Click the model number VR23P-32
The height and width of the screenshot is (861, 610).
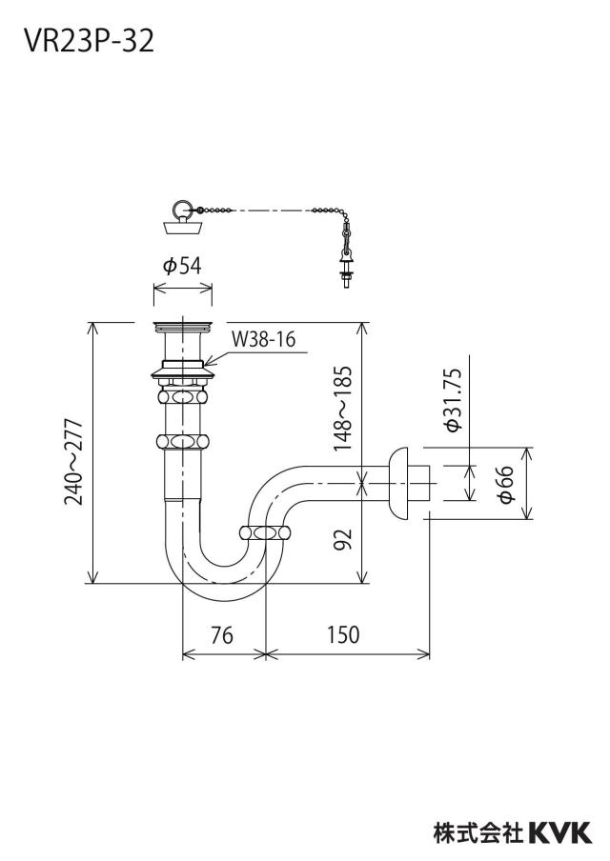click(89, 41)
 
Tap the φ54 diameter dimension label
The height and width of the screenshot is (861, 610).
click(182, 266)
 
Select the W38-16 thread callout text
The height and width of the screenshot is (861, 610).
click(263, 339)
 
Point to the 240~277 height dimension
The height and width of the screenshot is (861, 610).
click(73, 462)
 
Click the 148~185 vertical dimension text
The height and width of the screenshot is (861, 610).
click(342, 409)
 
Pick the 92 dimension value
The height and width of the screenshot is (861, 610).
click(342, 541)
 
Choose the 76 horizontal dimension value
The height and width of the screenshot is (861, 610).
click(222, 634)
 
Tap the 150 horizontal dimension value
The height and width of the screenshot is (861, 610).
click(343, 634)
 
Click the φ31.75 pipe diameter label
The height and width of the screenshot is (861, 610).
click(455, 400)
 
